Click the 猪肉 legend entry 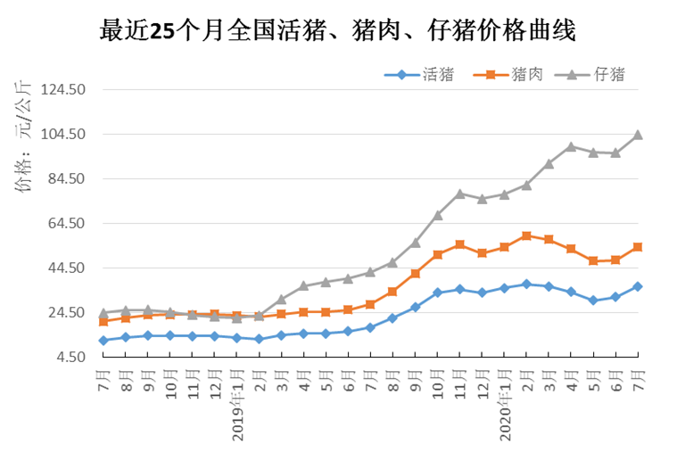[512, 75]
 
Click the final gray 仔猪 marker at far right [638, 136]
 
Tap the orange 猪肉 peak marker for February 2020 [527, 235]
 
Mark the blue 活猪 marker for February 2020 [527, 284]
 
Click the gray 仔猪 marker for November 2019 [460, 194]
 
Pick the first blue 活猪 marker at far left [103, 340]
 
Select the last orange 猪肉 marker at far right [638, 247]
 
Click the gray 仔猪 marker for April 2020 [571, 146]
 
